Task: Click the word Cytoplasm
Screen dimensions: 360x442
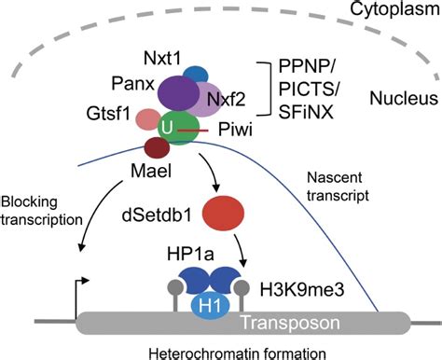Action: point(383,12)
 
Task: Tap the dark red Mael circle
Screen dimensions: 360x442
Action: point(155,146)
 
